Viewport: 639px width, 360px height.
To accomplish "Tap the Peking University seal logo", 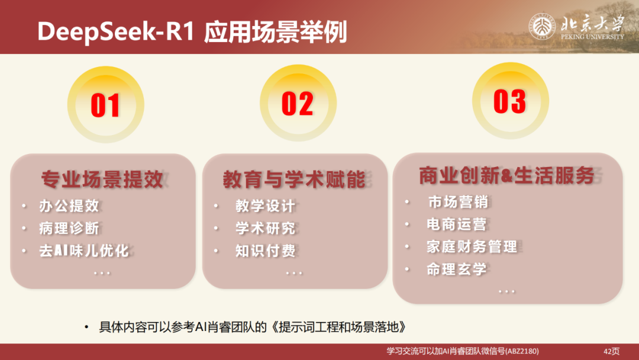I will (541, 27).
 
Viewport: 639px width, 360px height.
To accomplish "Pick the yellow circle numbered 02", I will (298, 103).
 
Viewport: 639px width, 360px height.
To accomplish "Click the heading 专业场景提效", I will (102, 178).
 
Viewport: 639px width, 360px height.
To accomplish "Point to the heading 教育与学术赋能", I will (293, 179).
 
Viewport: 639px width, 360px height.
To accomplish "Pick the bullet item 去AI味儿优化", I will (83, 250).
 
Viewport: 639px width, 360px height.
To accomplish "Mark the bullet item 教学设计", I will (264, 206).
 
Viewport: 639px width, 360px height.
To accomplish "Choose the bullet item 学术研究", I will (264, 228).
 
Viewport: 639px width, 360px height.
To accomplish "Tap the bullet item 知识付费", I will (264, 250).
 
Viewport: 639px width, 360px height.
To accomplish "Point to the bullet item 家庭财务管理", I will (472, 246).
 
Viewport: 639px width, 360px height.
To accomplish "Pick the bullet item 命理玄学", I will (456, 269).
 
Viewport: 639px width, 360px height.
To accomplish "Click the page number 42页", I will (611, 351).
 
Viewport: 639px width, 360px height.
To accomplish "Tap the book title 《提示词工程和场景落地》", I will (343, 327).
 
